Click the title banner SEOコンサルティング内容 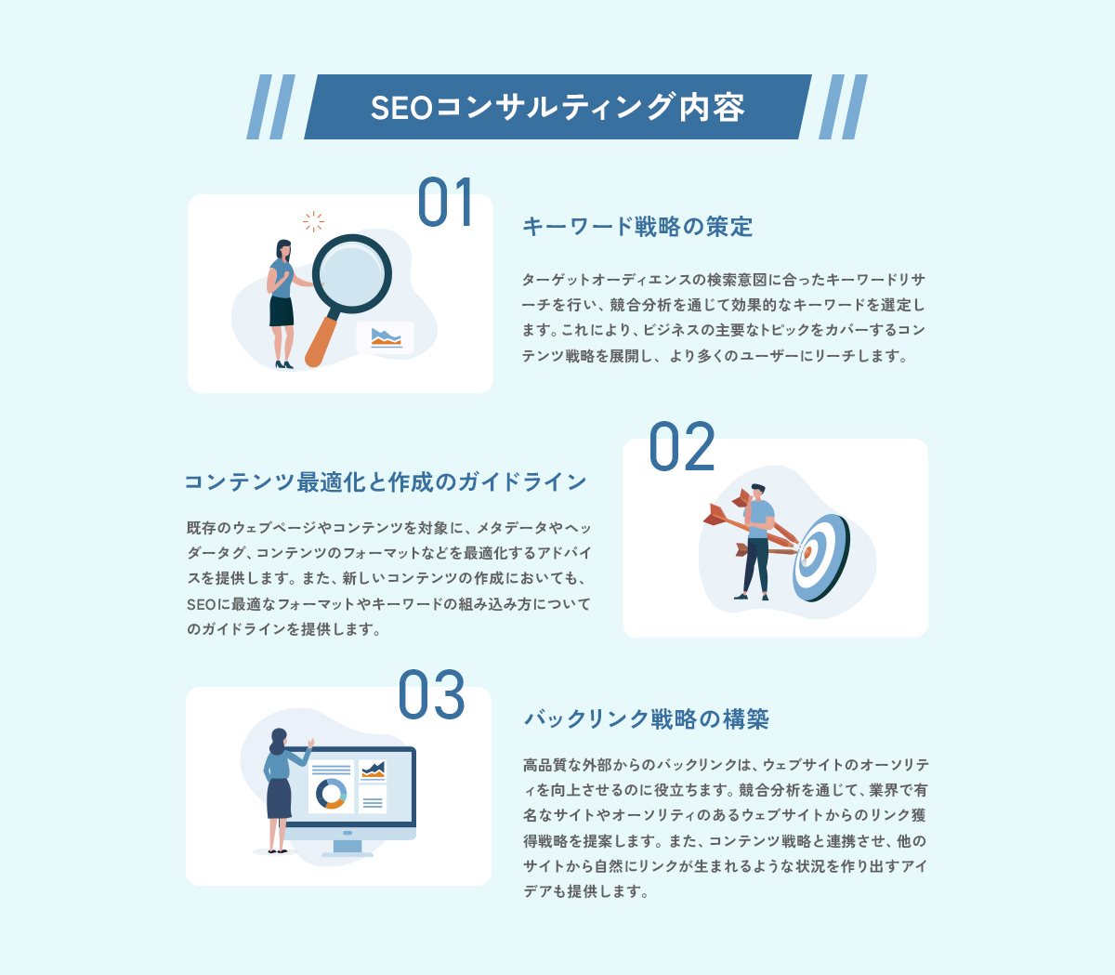pyautogui.click(x=557, y=107)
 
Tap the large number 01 pyautogui.click(x=445, y=203)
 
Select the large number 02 pyautogui.click(x=681, y=447)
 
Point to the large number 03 pyautogui.click(x=431, y=695)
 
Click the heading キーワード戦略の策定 pyautogui.click(x=637, y=227)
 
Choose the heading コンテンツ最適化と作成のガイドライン pyautogui.click(x=386, y=481)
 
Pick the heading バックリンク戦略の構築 pyautogui.click(x=647, y=719)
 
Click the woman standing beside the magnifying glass pyautogui.click(x=282, y=302)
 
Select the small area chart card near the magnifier pyautogui.click(x=386, y=337)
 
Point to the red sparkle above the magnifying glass pyautogui.click(x=313, y=221)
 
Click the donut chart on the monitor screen pyautogui.click(x=331, y=793)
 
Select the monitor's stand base pyautogui.click(x=347, y=851)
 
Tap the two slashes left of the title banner pyautogui.click(x=270, y=107)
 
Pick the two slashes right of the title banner pyautogui.click(x=844, y=107)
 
